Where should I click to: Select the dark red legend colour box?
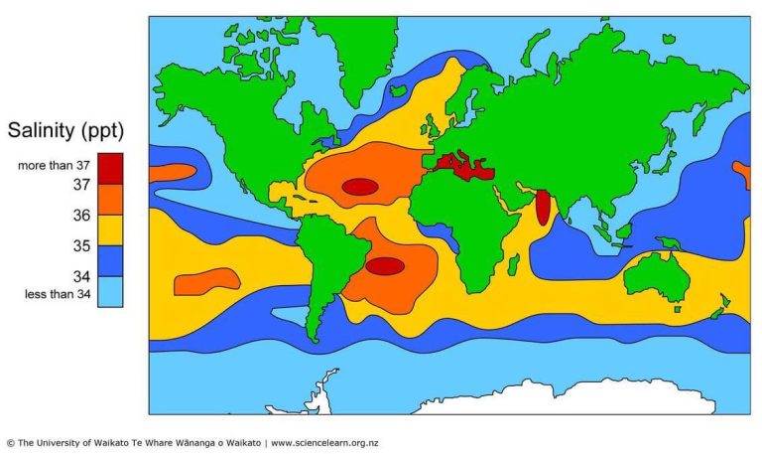(110, 165)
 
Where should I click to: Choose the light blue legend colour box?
(110, 292)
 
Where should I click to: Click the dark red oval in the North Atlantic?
(359, 186)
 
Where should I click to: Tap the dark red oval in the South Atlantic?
(384, 265)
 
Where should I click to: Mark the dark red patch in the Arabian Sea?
(543, 207)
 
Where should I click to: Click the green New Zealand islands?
(719, 307)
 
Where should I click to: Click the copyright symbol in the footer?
(10, 442)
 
